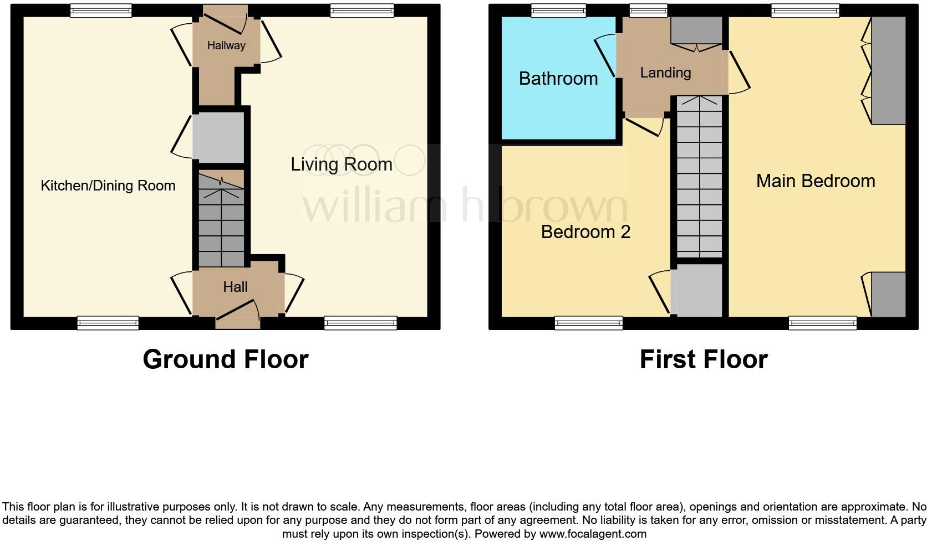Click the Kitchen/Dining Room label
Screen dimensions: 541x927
[x=108, y=186]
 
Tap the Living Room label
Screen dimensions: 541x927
[x=341, y=164]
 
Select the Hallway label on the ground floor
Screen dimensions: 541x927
[x=226, y=45]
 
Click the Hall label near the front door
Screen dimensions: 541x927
[x=235, y=287]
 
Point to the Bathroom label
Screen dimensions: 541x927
[x=558, y=79]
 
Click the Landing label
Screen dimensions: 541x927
[x=665, y=73]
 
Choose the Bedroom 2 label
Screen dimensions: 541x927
[x=585, y=231]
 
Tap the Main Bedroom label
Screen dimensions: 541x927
[x=816, y=181]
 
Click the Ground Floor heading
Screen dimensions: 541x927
[x=225, y=359]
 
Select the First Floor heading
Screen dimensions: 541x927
[x=703, y=359]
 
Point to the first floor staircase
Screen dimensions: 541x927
[x=699, y=177]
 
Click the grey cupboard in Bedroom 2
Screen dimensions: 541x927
[x=697, y=290]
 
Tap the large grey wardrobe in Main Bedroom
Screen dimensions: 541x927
[x=888, y=70]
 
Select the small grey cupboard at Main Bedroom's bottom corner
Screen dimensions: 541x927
[x=888, y=294]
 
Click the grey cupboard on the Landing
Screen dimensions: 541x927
[x=696, y=30]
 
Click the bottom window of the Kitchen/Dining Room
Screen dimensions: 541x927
[x=108, y=322]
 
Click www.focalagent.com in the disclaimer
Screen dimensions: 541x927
[x=593, y=534]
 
